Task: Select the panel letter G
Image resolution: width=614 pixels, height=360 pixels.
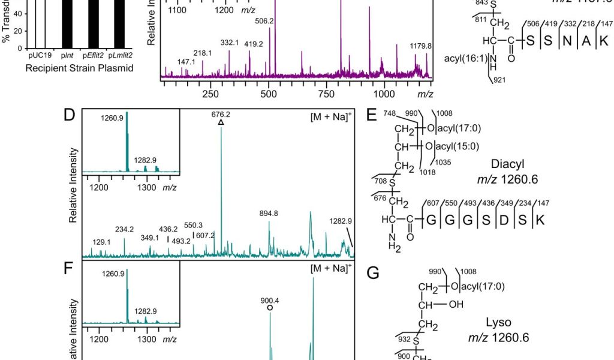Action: point(373,274)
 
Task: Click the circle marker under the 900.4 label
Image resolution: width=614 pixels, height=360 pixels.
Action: point(270,307)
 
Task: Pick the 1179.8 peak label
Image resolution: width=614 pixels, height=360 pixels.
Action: point(420,46)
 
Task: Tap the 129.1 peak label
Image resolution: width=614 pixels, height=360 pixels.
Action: point(101,242)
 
